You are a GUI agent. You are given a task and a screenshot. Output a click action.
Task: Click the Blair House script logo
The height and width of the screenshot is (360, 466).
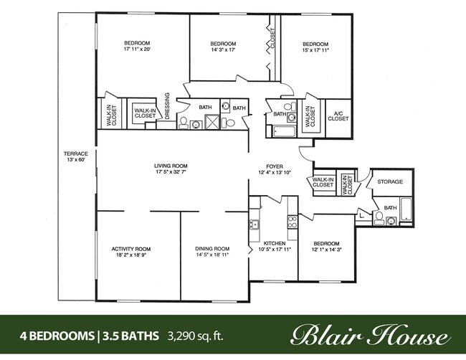(369, 335)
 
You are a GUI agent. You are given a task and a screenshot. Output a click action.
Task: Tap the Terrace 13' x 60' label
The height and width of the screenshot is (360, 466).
(76, 156)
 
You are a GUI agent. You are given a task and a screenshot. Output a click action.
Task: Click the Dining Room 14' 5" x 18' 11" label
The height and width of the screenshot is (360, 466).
(212, 252)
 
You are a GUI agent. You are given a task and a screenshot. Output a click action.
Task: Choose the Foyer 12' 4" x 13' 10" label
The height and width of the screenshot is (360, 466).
(275, 169)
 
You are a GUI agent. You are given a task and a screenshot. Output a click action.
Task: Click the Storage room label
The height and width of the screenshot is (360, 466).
(390, 181)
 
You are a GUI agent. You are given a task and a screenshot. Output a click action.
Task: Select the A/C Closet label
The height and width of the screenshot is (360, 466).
(338, 116)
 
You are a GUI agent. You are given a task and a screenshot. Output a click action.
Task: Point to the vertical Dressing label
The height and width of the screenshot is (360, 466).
(167, 106)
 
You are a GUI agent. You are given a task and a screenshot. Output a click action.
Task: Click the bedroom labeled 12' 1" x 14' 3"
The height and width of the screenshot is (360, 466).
(325, 247)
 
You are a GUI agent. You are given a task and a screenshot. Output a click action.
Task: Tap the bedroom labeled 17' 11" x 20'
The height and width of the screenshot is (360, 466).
(137, 46)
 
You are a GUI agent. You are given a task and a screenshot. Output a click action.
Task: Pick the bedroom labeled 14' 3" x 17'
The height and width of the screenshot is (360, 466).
(223, 47)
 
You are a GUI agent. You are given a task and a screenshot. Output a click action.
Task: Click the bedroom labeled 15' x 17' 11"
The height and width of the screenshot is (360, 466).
(315, 47)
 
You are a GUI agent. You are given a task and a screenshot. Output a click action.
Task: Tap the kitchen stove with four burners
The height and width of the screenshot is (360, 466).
(292, 222)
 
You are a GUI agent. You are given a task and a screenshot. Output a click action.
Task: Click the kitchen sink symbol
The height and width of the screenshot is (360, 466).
(254, 224)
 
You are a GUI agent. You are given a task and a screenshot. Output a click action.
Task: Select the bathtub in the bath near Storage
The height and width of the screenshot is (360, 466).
(406, 209)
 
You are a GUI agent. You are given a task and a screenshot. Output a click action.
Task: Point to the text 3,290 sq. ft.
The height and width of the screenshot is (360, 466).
(196, 336)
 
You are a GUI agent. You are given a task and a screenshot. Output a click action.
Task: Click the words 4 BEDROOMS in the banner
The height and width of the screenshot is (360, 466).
(57, 336)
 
